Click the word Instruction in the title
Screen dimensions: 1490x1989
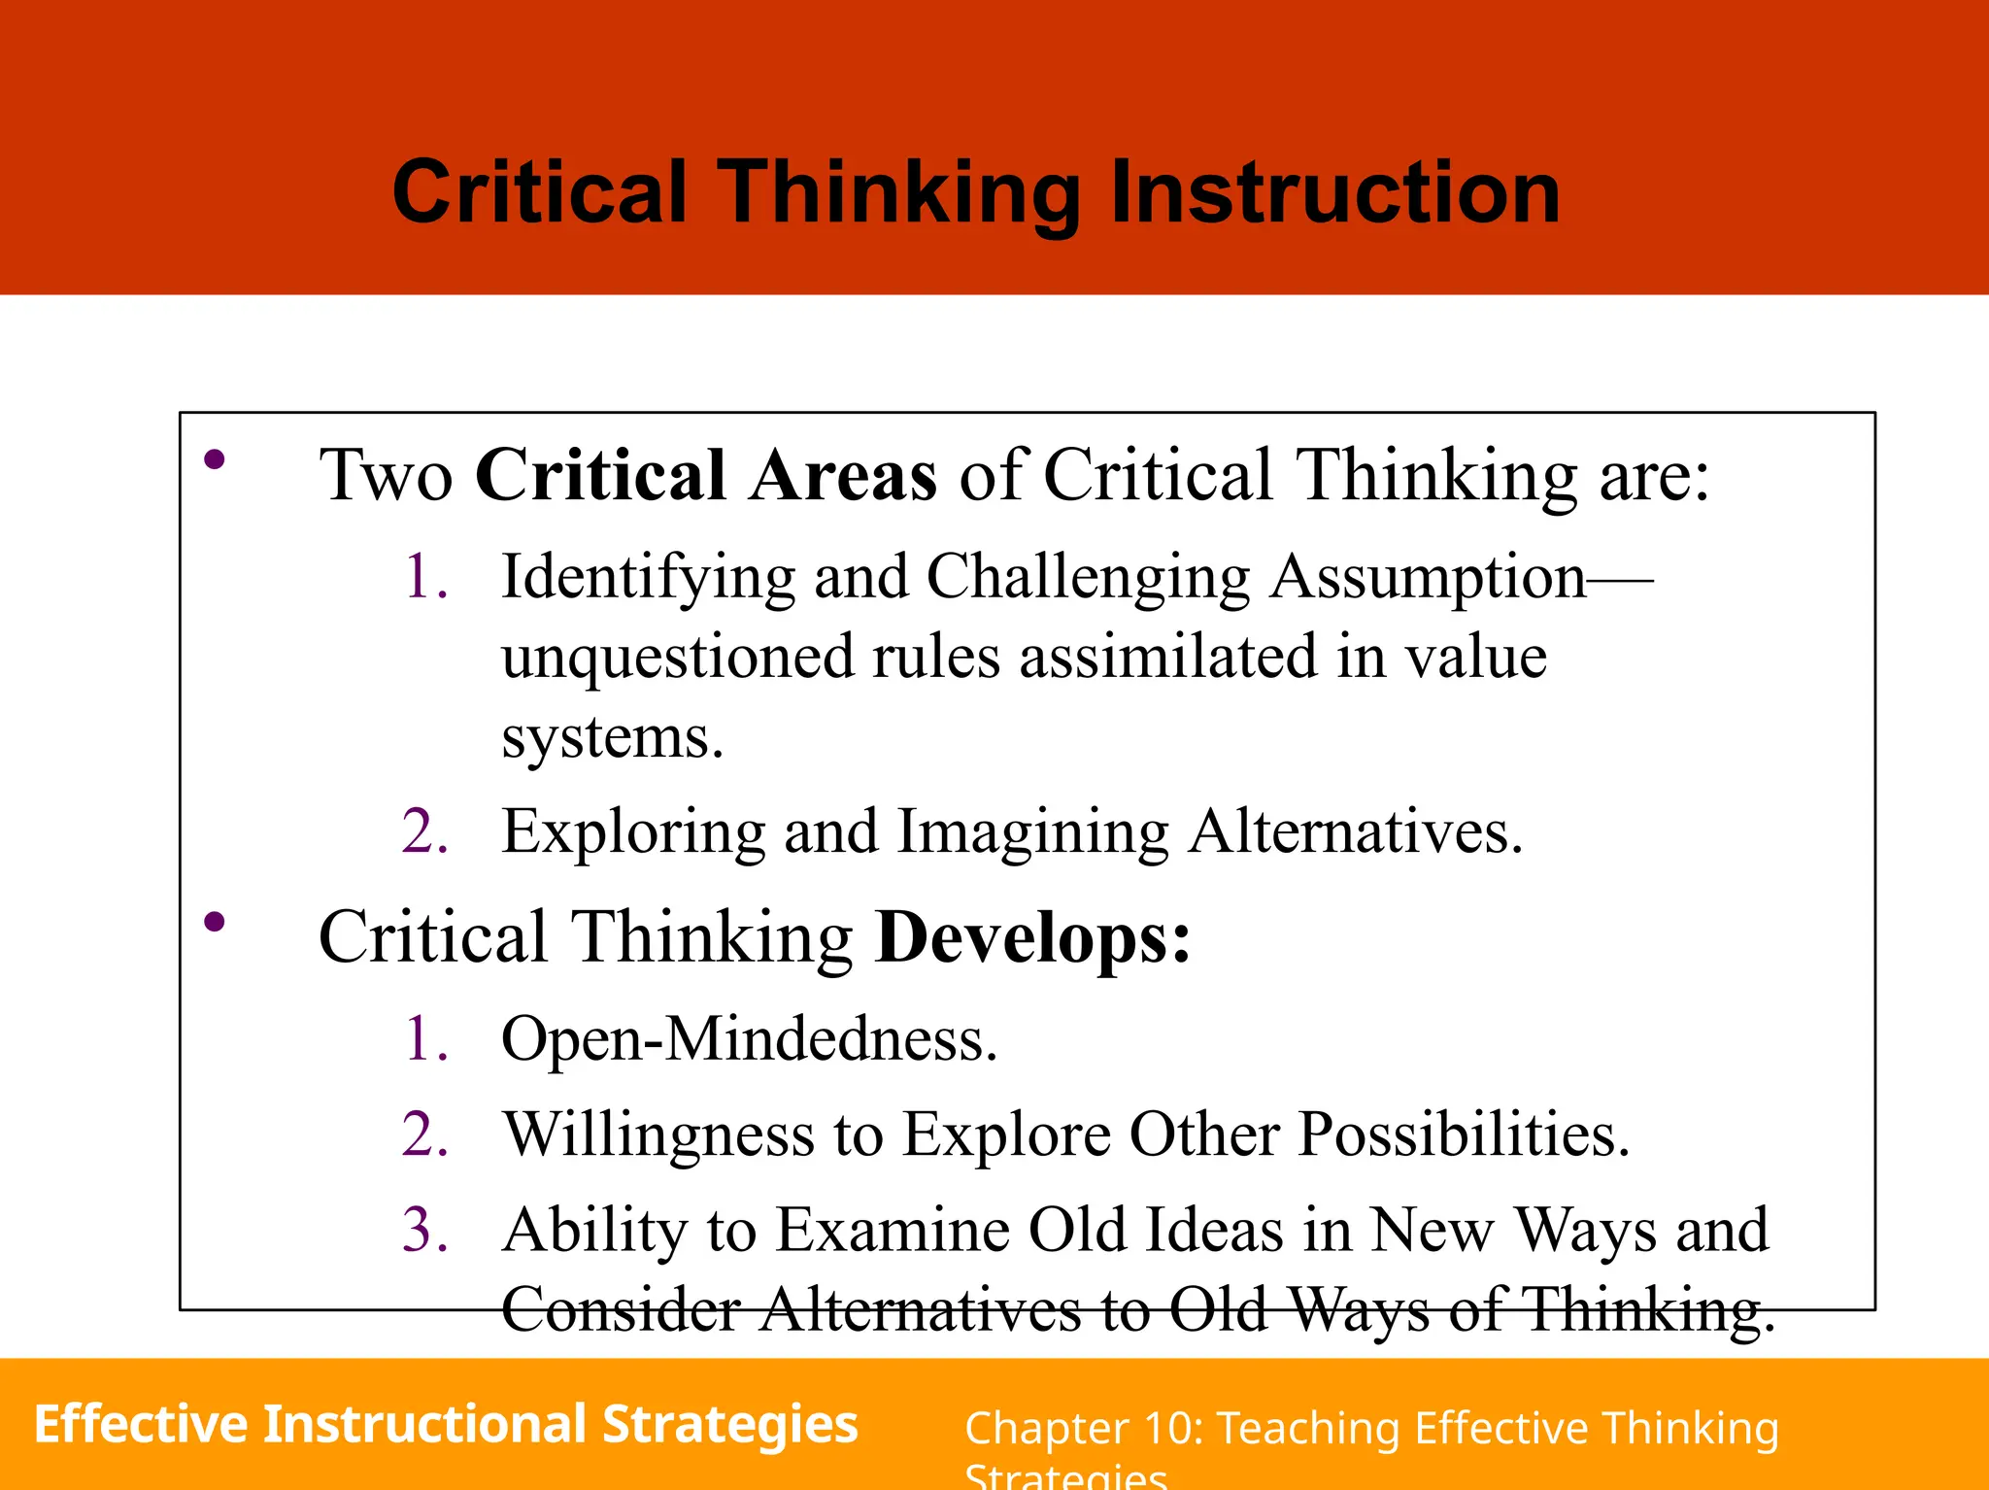(x=1334, y=192)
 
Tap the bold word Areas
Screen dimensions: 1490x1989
(x=842, y=475)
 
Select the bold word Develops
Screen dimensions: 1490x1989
(x=1031, y=937)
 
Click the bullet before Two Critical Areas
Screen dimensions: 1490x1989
(x=215, y=460)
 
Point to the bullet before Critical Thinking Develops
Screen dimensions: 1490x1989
(x=215, y=922)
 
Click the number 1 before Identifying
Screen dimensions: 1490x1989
(x=424, y=576)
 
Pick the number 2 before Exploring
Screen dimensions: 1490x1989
(x=424, y=831)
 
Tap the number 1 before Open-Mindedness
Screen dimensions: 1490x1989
(x=424, y=1038)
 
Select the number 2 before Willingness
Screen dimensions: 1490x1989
(x=424, y=1134)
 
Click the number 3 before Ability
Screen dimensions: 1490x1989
(x=424, y=1230)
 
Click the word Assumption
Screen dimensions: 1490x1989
(x=1428, y=578)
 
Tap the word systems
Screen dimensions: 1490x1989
(x=612, y=738)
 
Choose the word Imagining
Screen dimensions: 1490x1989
(x=1032, y=833)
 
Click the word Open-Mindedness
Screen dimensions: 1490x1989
(x=748, y=1039)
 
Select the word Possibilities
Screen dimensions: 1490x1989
(x=1463, y=1134)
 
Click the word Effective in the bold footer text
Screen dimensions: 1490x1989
(x=141, y=1424)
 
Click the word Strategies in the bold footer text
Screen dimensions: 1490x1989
(x=729, y=1426)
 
